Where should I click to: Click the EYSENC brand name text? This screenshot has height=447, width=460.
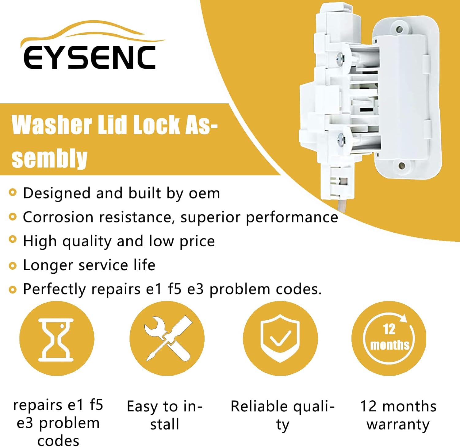90,57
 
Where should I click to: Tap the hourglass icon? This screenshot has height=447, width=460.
56,340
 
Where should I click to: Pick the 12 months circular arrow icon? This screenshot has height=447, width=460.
389,338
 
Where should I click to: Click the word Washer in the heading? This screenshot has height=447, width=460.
52,125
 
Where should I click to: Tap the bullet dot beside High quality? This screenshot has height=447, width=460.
12,239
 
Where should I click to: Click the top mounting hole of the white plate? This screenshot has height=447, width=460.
399,29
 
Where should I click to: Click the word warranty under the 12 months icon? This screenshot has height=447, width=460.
398,425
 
